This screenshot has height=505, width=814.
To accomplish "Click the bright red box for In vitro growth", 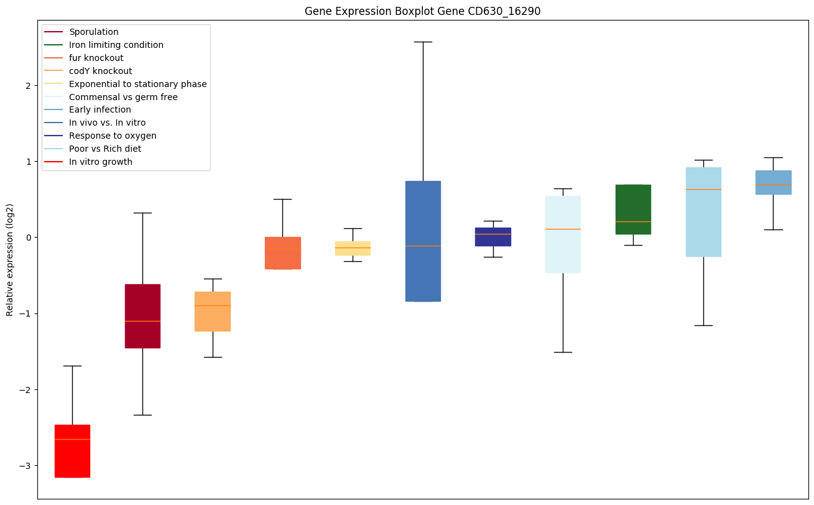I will (72, 451).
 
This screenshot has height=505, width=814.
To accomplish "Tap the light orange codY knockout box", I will (213, 311).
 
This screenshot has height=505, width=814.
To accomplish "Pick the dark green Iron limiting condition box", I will (633, 209).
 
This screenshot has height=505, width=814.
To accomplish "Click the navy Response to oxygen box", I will (493, 236).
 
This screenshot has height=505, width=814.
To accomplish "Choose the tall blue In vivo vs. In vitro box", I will (423, 241).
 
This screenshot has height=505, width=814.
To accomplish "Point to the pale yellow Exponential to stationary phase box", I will (353, 248).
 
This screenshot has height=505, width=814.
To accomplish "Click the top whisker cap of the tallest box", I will (423, 42).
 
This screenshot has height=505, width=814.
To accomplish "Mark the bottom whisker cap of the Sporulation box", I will (142, 415).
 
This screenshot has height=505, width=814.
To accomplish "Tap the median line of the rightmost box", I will (773, 185).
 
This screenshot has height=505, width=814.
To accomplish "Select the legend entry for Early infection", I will (100, 110).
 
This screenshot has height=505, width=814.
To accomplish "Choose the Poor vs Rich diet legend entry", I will (105, 149).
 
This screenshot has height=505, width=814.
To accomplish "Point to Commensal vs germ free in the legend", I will (123, 97).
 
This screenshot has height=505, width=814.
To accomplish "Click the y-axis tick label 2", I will (28, 85).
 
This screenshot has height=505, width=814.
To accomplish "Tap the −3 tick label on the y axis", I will (25, 466).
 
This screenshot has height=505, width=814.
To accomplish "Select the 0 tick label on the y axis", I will (28, 238).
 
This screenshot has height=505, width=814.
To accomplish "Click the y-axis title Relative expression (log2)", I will (10, 259).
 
